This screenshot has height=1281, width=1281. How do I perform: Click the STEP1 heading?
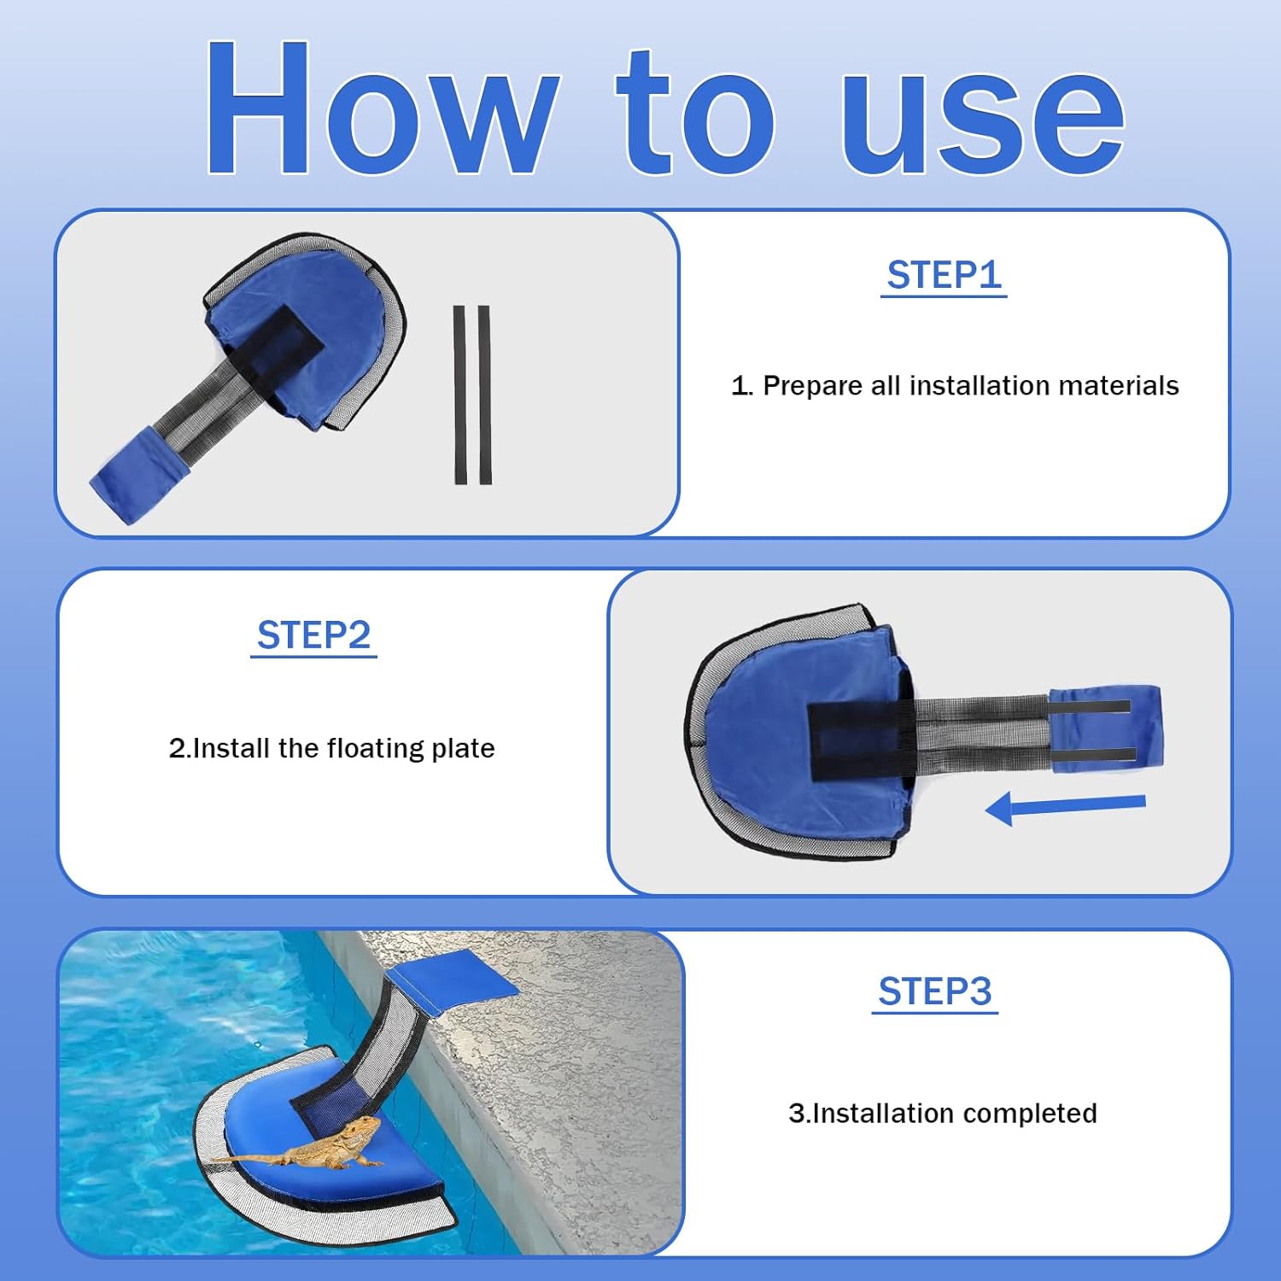pyautogui.click(x=944, y=275)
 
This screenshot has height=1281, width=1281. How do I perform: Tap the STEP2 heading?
pyautogui.click(x=313, y=635)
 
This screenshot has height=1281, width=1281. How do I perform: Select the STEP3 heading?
pyautogui.click(x=935, y=991)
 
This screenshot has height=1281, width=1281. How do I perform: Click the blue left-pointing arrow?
pyautogui.click(x=1065, y=805)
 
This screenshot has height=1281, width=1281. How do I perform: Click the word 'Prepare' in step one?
pyautogui.click(x=812, y=386)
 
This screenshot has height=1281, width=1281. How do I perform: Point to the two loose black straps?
pyautogui.click(x=472, y=395)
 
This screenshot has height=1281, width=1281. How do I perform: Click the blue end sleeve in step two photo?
pyautogui.click(x=1104, y=728)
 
